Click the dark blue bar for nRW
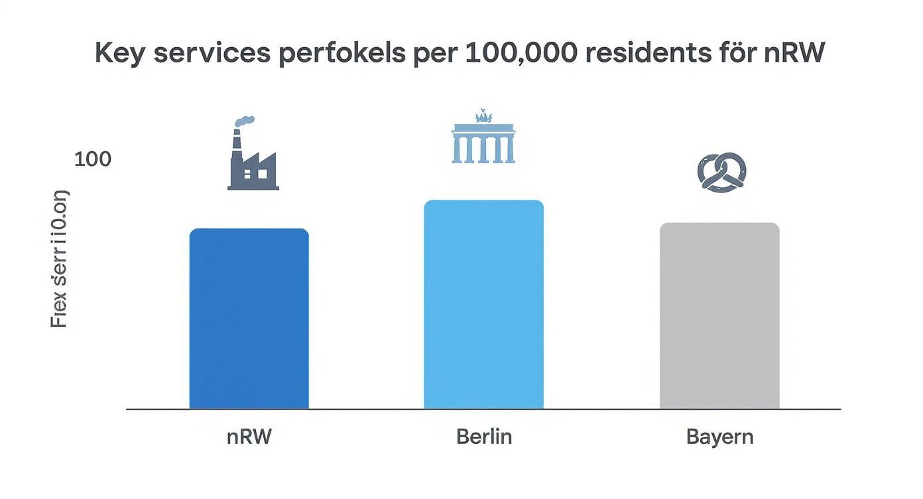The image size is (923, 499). (249, 319)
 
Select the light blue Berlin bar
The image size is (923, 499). (483, 305)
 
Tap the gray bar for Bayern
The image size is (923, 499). (719, 316)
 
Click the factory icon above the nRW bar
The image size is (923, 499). (253, 159)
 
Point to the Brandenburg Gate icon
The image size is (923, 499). (483, 139)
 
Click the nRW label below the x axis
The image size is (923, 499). (249, 437)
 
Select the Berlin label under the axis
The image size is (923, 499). (484, 437)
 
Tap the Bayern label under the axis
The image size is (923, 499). (719, 438)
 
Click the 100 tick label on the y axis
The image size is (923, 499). (92, 159)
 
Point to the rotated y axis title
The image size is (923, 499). (60, 259)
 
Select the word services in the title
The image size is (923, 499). (212, 53)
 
